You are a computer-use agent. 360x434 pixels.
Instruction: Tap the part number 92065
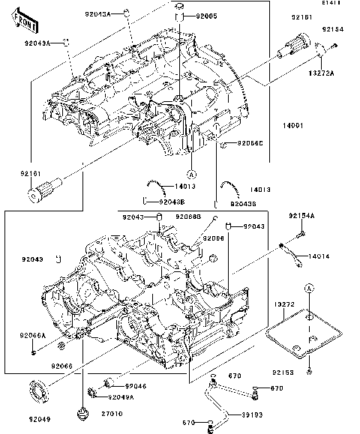(x=206, y=15)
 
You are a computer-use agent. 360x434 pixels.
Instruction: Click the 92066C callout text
(x=250, y=142)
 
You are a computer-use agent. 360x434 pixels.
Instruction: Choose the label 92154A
(x=302, y=216)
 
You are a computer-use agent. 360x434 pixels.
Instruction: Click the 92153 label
(x=304, y=373)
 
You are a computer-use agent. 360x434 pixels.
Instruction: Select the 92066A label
(x=33, y=335)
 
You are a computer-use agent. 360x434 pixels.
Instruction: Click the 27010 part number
(x=112, y=413)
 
